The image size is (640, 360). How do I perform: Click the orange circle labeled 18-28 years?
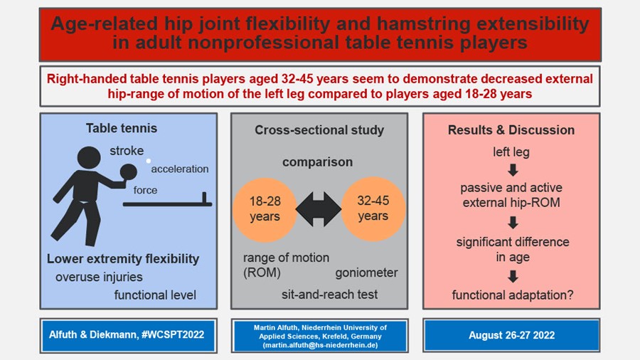tap(265, 210)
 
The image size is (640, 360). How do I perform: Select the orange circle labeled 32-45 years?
tap(373, 209)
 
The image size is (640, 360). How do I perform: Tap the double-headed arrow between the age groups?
tap(319, 209)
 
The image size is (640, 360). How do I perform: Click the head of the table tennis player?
tap(89, 157)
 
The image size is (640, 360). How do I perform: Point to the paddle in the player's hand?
tap(129, 172)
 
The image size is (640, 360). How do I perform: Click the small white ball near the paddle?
tap(149, 161)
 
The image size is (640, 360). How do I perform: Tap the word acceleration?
tap(180, 169)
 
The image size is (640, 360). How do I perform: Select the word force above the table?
tap(145, 190)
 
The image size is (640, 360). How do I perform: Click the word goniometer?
tap(366, 272)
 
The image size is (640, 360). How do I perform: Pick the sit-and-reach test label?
tap(329, 295)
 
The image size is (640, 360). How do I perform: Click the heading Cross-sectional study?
tap(319, 129)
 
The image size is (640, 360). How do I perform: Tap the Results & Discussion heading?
tap(511, 129)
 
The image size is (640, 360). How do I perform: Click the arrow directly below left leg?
tap(513, 170)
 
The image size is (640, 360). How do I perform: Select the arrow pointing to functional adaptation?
tap(513, 277)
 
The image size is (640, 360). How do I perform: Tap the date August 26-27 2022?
tap(511, 335)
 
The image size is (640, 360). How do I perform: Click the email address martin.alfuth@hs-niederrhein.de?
tap(321, 345)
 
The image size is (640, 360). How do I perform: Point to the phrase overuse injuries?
tap(99, 277)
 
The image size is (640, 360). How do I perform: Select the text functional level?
tap(155, 295)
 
